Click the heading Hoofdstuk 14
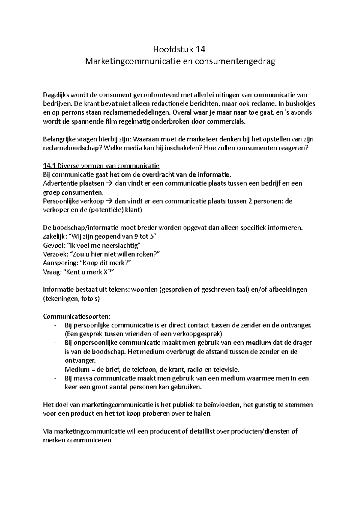180,49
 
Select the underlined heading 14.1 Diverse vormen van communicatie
101,166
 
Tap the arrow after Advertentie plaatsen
109,183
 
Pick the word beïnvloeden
222,405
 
